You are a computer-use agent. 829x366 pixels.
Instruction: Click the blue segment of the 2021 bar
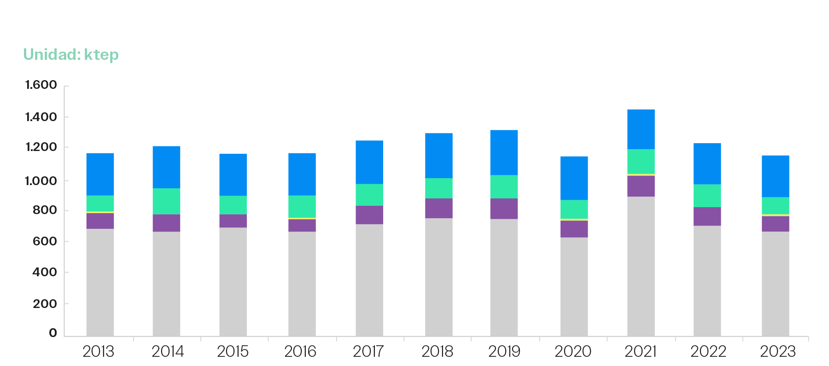click(641, 129)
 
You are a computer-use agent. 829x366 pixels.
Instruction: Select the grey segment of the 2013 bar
click(100, 282)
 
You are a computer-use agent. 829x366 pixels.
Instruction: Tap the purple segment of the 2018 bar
click(438, 208)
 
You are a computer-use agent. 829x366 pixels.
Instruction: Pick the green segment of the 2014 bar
click(166, 201)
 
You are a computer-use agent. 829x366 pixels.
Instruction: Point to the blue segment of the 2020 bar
click(574, 178)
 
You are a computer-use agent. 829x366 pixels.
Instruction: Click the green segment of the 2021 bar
click(641, 161)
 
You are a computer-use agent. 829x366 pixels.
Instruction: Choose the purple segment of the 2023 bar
click(775, 223)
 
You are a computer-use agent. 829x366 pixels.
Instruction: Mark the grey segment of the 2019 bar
click(504, 277)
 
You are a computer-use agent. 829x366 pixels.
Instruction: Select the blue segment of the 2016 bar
click(302, 174)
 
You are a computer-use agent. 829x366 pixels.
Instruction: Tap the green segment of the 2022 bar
click(707, 196)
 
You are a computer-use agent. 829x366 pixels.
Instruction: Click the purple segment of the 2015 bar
click(233, 221)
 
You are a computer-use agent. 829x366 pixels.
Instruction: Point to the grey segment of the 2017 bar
click(369, 280)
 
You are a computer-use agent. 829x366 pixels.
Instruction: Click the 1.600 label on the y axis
click(41, 85)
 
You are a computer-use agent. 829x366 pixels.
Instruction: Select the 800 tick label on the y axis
click(45, 210)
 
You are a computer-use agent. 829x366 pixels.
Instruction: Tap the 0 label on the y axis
click(53, 333)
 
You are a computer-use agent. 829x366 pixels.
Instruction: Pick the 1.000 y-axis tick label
click(41, 180)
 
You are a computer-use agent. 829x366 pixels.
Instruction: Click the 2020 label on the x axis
click(573, 352)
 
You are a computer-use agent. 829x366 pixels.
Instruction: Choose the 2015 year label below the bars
click(233, 352)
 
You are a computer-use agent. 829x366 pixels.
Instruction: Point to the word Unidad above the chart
click(52, 55)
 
